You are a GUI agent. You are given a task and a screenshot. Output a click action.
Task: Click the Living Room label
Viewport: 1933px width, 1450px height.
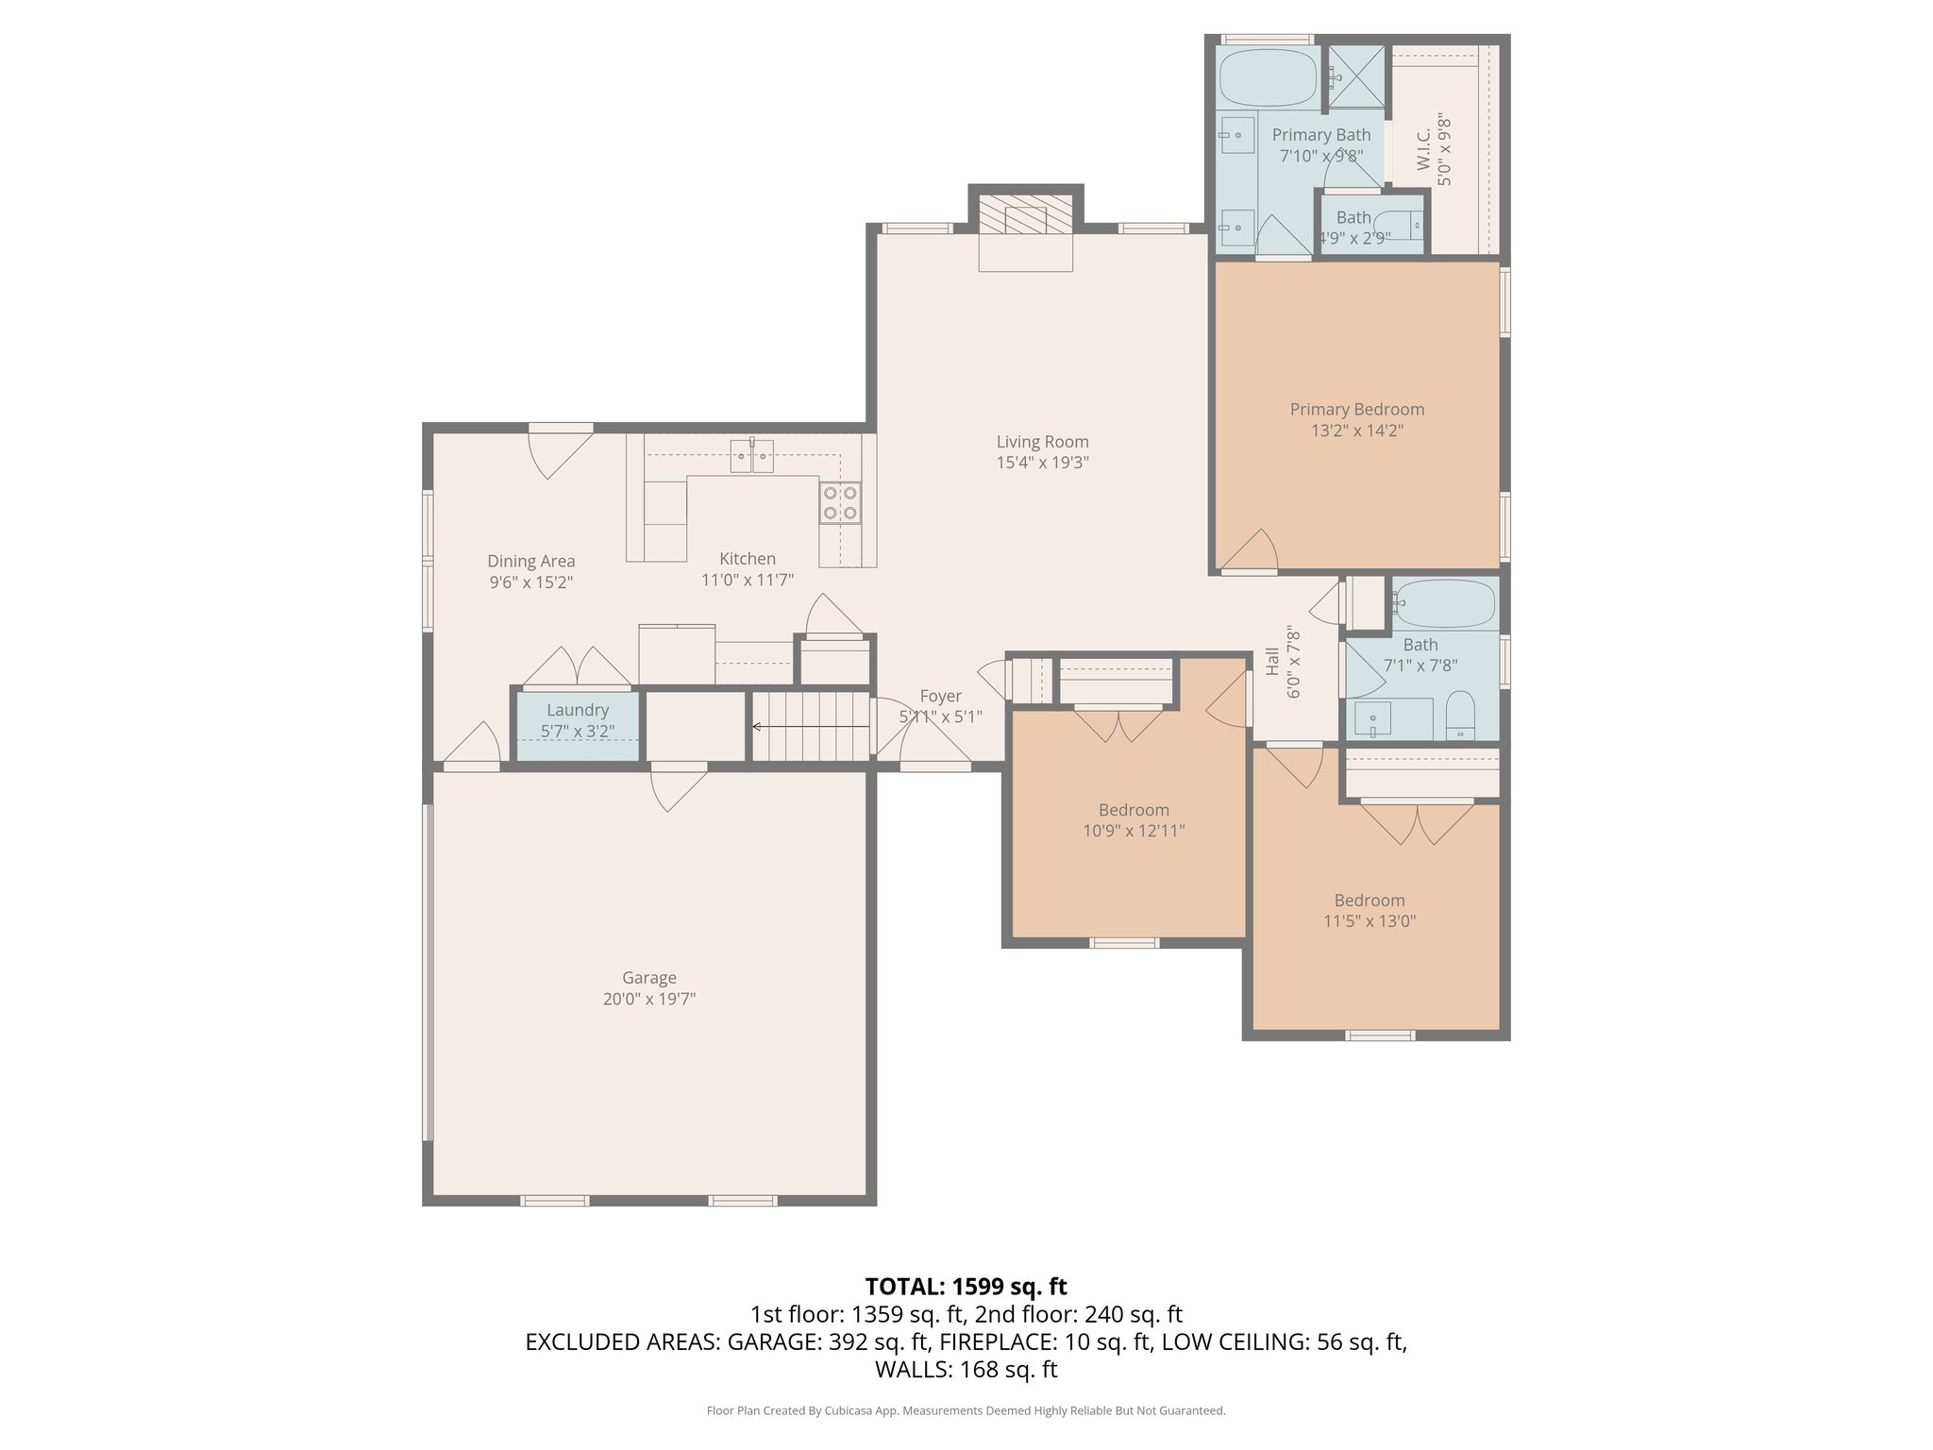click(x=1042, y=442)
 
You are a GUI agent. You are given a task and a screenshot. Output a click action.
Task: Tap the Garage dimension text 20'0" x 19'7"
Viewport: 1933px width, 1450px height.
click(x=648, y=999)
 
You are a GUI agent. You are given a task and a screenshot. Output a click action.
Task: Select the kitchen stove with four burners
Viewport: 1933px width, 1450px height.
click(x=839, y=502)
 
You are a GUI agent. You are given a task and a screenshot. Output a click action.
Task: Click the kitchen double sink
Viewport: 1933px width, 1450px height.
click(x=751, y=457)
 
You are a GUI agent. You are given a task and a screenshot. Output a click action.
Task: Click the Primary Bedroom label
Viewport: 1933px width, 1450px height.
click(x=1356, y=410)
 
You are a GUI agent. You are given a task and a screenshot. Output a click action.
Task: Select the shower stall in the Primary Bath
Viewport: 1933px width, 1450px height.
click(x=1356, y=76)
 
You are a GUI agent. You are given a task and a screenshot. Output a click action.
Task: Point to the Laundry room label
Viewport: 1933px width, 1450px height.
click(x=577, y=710)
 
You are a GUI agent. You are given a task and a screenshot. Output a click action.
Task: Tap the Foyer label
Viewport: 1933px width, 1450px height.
click(x=940, y=697)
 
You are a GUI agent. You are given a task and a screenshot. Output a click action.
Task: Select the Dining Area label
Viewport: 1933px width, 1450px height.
click(x=530, y=562)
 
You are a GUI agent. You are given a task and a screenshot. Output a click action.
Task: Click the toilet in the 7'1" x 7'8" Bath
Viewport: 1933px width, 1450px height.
click(x=1459, y=717)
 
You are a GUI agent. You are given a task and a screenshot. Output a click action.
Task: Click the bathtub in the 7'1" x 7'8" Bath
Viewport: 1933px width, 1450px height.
click(x=1444, y=604)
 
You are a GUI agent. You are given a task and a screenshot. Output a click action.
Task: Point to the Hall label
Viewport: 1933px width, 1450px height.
click(x=1271, y=661)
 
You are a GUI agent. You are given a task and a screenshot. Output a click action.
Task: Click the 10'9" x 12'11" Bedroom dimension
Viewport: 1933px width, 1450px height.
click(x=1134, y=831)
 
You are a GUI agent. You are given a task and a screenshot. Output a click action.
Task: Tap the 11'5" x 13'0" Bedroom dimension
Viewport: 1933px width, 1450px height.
click(x=1369, y=921)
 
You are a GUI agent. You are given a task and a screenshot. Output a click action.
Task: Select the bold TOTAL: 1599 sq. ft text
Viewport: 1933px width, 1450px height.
click(x=966, y=1287)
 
